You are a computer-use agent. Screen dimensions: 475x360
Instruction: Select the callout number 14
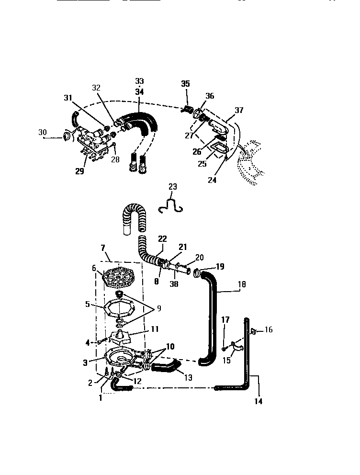[258, 401]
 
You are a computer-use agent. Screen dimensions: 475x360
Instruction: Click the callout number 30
[43, 132]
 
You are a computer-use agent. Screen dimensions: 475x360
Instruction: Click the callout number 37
[239, 110]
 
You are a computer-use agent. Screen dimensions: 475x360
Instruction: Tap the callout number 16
[269, 329]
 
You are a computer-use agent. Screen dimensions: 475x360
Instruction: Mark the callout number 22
[162, 239]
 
